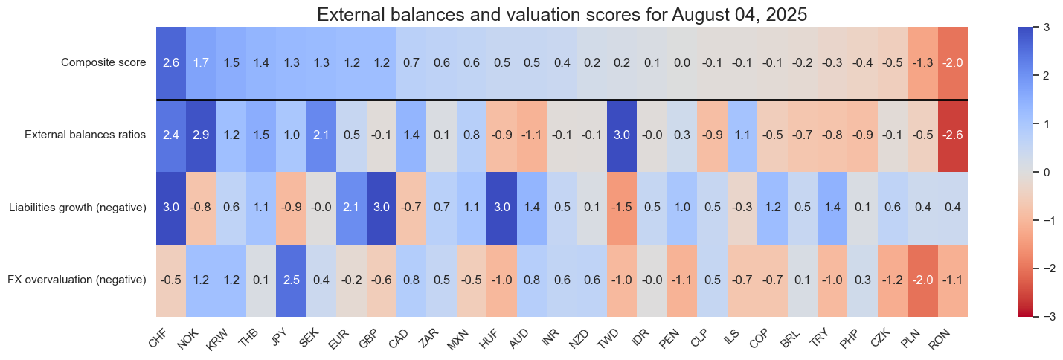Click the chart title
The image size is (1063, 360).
point(531,14)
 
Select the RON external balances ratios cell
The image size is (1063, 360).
point(953,135)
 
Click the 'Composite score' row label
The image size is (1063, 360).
point(103,62)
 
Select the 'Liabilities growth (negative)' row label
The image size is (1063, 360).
point(77,208)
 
